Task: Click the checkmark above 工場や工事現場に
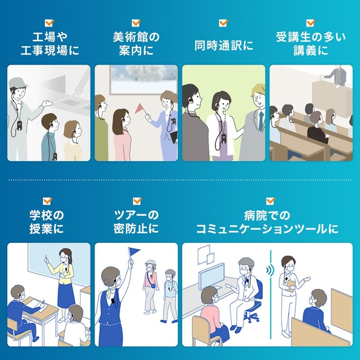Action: pyautogui.click(x=49, y=22)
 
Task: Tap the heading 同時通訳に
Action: pyautogui.click(x=224, y=45)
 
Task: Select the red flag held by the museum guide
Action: pyautogui.click(x=139, y=109)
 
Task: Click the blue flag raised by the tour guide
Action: pyautogui.click(x=134, y=251)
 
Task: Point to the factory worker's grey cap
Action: pyautogui.click(x=17, y=82)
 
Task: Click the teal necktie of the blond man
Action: pyautogui.click(x=261, y=121)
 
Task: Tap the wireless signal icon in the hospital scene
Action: pyautogui.click(x=270, y=270)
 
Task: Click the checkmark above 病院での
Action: pyautogui.click(x=270, y=201)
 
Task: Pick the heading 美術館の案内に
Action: pyautogui.click(x=136, y=44)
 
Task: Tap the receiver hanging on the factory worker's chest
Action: pyautogui.click(x=19, y=125)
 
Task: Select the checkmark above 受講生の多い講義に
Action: pyautogui.click(x=310, y=22)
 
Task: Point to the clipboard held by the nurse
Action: pyautogui.click(x=290, y=286)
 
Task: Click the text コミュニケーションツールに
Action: pyautogui.click(x=267, y=229)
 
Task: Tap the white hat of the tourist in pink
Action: pyautogui.click(x=151, y=262)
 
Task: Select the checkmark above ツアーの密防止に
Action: pyautogui.click(x=137, y=201)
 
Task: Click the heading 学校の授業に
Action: pyautogui.click(x=46, y=222)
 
